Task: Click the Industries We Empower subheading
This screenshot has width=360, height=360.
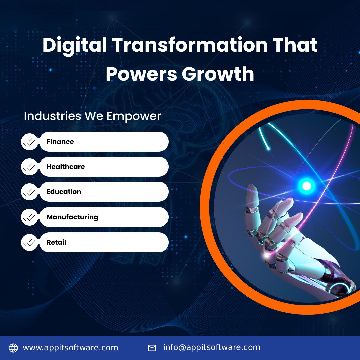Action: pyautogui.click(x=92, y=116)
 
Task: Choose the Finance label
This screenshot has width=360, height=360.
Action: pyautogui.click(x=60, y=142)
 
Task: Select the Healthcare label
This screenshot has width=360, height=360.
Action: pyautogui.click(x=66, y=167)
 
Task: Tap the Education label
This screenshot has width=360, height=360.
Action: pyautogui.click(x=64, y=192)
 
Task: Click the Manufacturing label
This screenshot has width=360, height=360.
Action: pyautogui.click(x=72, y=217)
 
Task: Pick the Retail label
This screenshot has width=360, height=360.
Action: pyautogui.click(x=56, y=242)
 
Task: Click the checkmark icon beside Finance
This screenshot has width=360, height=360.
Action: pyautogui.click(x=29, y=142)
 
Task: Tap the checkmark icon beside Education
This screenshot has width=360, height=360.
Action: pyautogui.click(x=29, y=192)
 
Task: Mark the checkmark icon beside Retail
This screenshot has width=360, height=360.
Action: pyautogui.click(x=29, y=243)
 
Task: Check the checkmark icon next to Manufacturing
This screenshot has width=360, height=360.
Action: pyautogui.click(x=29, y=217)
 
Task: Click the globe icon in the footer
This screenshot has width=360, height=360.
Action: pyautogui.click(x=13, y=348)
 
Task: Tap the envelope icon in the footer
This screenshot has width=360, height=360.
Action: pyautogui.click(x=152, y=348)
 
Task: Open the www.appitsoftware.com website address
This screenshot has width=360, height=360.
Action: pyautogui.click(x=70, y=348)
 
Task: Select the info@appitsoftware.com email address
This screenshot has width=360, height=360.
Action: pyautogui.click(x=212, y=347)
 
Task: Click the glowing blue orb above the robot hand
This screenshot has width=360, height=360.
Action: pyautogui.click(x=306, y=186)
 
